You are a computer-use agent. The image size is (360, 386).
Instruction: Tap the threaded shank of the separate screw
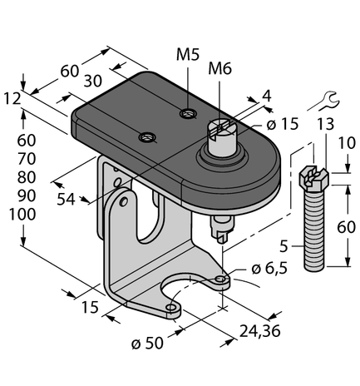[314, 232]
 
